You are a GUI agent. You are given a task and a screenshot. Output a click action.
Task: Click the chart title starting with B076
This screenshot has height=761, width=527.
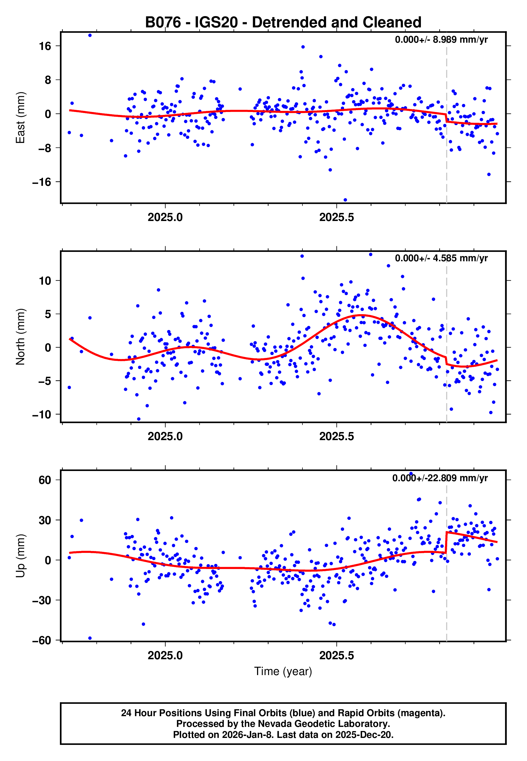coord(283,23)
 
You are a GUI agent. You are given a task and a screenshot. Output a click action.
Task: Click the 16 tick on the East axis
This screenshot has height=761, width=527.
coord(45,46)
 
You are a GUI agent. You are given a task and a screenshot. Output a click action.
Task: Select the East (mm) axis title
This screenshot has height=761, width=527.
coord(20,118)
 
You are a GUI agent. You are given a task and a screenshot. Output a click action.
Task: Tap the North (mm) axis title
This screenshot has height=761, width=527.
coord(20,337)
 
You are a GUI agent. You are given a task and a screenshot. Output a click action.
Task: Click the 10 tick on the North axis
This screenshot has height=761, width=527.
coord(45,281)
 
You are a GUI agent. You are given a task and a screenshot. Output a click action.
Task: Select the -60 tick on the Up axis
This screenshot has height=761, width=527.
coord(42,640)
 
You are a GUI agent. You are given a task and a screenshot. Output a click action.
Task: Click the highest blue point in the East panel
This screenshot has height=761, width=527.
coord(90,35)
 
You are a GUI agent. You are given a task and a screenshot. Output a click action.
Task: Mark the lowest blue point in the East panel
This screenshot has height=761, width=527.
coord(345,200)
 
